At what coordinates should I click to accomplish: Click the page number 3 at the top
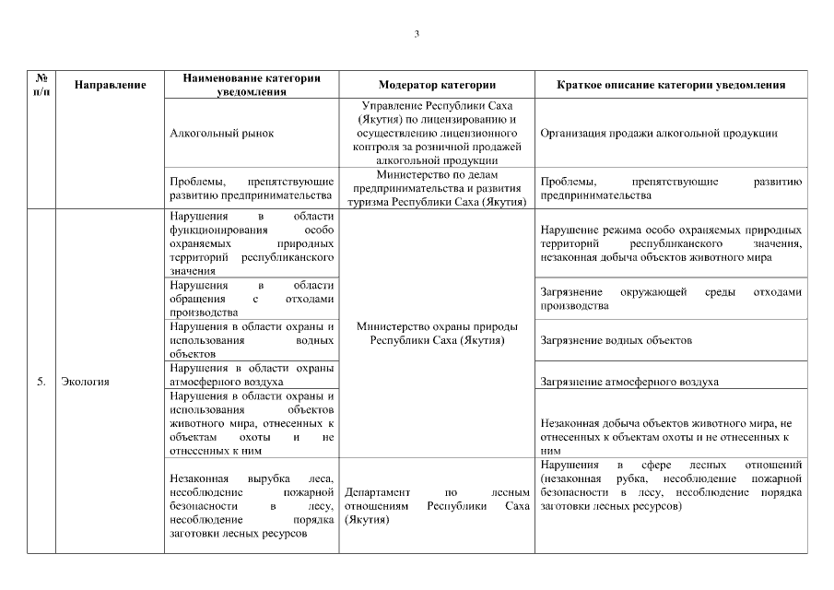417,34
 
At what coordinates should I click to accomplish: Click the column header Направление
110,85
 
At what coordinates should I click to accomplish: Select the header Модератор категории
437,85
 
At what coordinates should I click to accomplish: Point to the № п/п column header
41,85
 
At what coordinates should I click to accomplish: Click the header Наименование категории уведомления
252,85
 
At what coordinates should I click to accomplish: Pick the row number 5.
41,382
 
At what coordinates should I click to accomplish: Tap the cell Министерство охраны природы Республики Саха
437,333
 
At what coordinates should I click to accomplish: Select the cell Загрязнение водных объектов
616,340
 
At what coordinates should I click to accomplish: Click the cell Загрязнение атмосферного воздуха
629,382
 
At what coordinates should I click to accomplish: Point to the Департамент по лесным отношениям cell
437,507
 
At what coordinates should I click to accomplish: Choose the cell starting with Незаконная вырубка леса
252,507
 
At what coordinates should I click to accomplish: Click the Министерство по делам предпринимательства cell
437,188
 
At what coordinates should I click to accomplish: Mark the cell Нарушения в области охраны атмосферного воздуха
252,374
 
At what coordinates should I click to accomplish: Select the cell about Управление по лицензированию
437,133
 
